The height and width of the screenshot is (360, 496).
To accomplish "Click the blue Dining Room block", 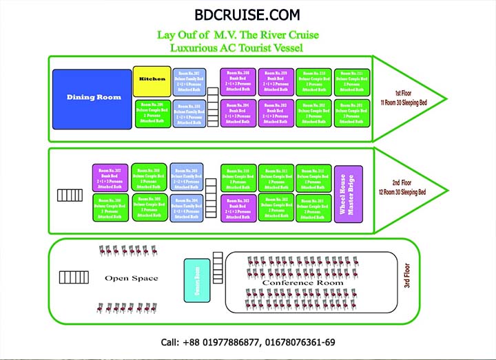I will pos(92,99).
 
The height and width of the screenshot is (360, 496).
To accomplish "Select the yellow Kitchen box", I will pos(152,80).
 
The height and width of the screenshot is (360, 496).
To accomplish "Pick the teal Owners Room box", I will pos(197,280).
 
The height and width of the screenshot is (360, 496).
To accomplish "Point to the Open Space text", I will pos(131,279).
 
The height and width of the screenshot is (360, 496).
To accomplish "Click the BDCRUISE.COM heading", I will pos(247,14).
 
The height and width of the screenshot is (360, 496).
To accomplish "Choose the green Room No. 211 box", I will pos(351,81).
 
